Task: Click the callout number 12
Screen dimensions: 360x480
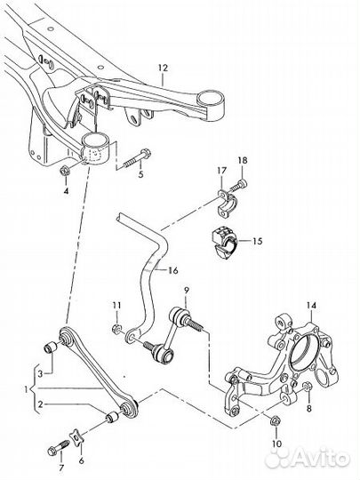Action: point(164,68)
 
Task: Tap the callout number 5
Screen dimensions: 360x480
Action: point(140,174)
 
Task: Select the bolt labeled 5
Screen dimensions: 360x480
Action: point(137,159)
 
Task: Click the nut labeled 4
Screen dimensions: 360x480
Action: point(64,170)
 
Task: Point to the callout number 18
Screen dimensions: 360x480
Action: point(243,160)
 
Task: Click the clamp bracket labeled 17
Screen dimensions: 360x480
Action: point(225,204)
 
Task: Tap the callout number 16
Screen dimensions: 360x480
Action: point(173,270)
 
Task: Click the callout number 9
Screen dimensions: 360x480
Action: point(187,289)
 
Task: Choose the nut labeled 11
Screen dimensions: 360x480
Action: point(116,330)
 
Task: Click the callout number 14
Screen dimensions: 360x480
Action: point(312,305)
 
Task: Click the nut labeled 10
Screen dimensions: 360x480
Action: point(274,421)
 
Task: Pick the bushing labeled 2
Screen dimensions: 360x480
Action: point(111,418)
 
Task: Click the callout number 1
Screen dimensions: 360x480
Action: point(26,389)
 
